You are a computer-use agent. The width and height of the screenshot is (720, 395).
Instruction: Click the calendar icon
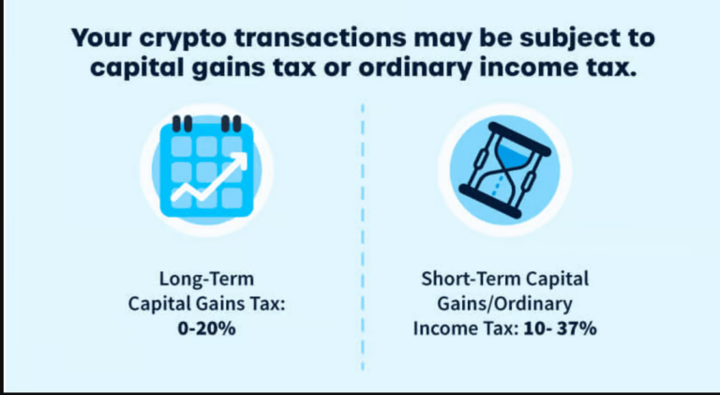(206, 170)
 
